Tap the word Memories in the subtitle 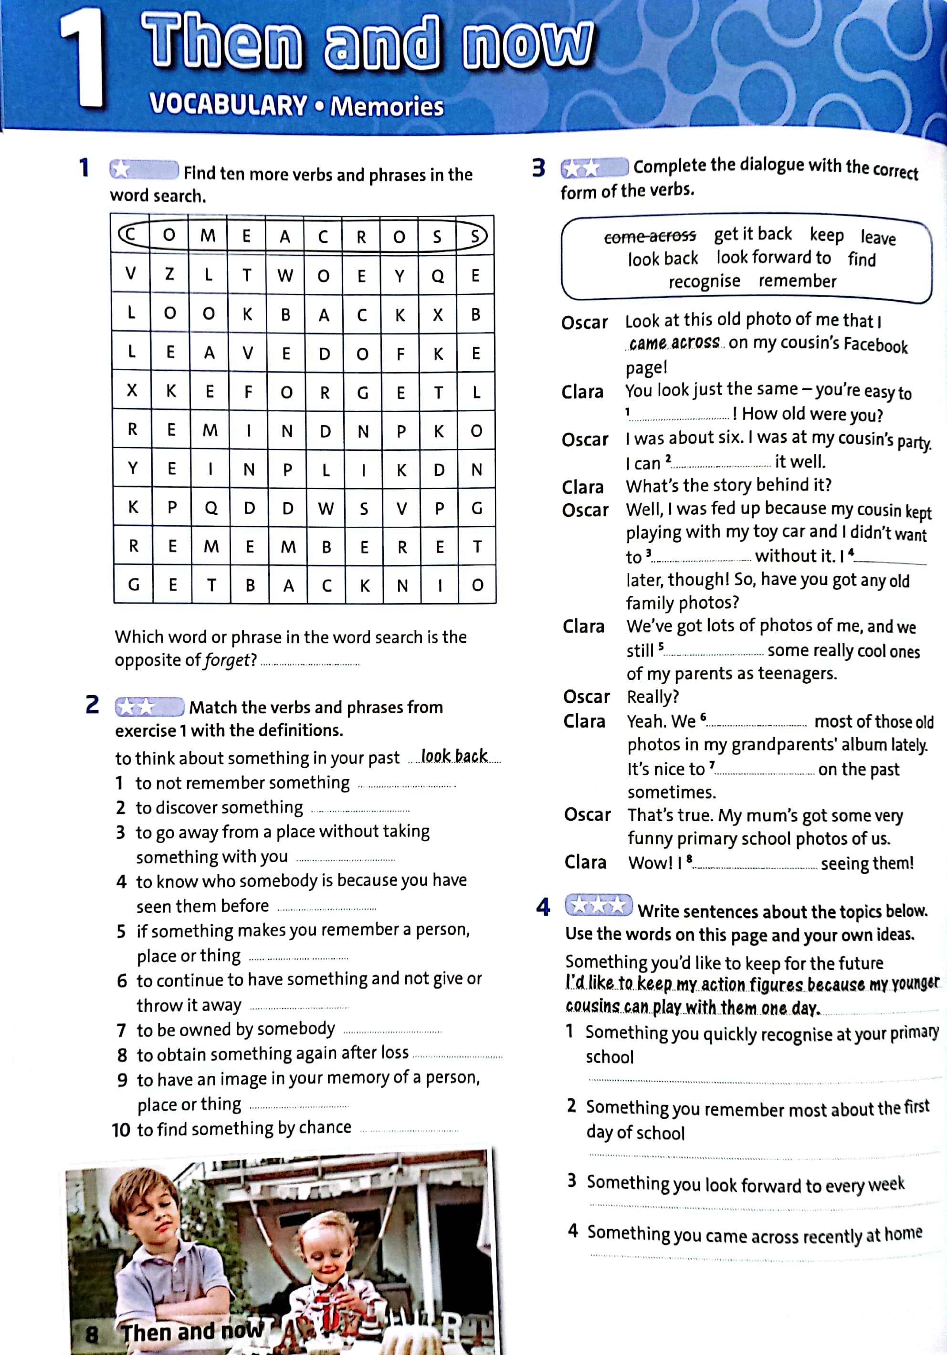[387, 107]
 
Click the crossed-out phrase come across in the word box [650, 237]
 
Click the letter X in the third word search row [438, 314]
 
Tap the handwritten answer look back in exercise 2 [454, 756]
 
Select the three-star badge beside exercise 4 [598, 905]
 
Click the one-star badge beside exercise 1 [144, 170]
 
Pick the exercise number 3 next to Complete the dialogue [538, 168]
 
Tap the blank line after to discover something [360, 810]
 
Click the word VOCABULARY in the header [228, 105]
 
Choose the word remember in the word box [797, 281]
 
